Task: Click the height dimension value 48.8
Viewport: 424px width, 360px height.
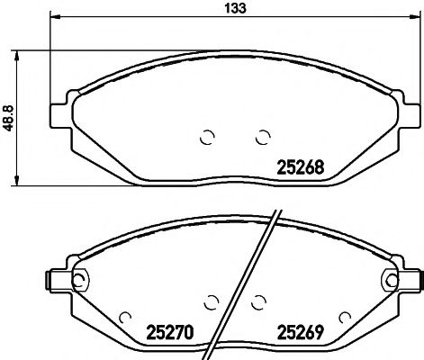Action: [8, 118]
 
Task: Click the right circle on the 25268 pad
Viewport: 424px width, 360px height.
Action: [263, 137]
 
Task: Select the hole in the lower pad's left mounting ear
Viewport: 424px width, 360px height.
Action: [78, 279]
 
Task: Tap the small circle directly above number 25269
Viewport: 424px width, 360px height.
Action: [259, 301]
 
